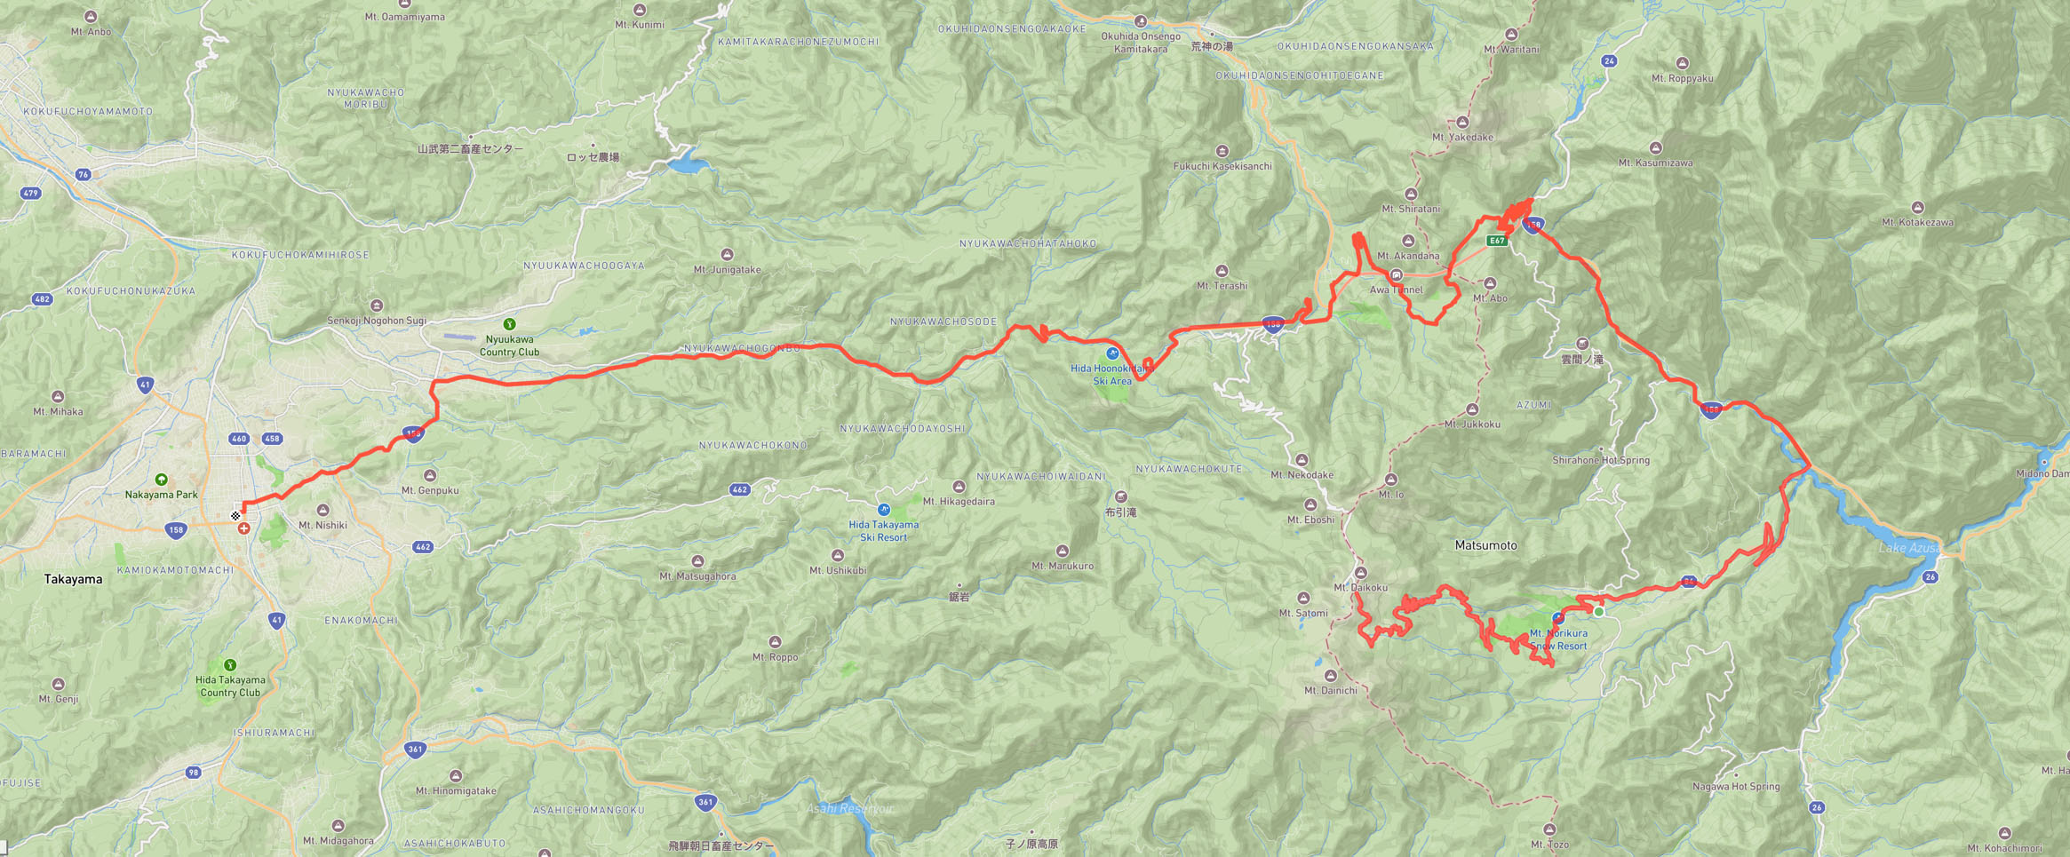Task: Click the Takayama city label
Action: pyautogui.click(x=73, y=579)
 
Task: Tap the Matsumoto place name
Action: pyautogui.click(x=1485, y=545)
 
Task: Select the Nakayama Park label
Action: pyautogui.click(x=161, y=495)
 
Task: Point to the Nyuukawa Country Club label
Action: pyautogui.click(x=509, y=345)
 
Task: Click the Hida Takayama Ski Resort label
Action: pyautogui.click(x=883, y=530)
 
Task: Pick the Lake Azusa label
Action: pyautogui.click(x=1909, y=548)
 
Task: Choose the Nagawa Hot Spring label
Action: pyautogui.click(x=1735, y=786)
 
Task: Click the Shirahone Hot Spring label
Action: pyautogui.click(x=1600, y=460)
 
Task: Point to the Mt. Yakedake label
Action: pyautogui.click(x=1462, y=137)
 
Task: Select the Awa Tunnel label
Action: pyautogui.click(x=1396, y=290)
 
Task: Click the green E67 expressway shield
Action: pyautogui.click(x=1497, y=241)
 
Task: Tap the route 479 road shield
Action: pyautogui.click(x=31, y=193)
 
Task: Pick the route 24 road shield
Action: pyautogui.click(x=1609, y=61)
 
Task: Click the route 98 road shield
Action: pyautogui.click(x=194, y=773)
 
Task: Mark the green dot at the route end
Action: pyautogui.click(x=1599, y=612)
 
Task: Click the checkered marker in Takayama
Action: pyautogui.click(x=235, y=516)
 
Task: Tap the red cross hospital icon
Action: pyautogui.click(x=243, y=528)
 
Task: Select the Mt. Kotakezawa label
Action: pyautogui.click(x=1916, y=222)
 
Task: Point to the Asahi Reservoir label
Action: pyautogui.click(x=850, y=809)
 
